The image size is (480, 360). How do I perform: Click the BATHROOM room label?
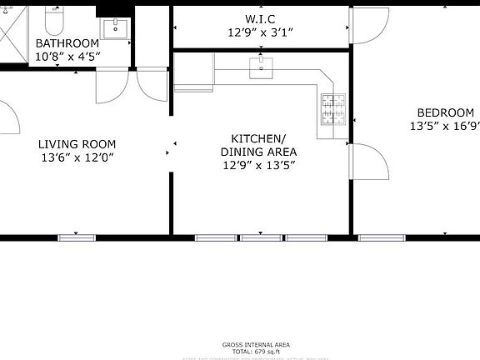point(67,43)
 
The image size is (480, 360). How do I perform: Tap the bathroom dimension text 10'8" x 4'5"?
point(67,57)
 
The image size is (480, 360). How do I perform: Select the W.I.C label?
point(261,18)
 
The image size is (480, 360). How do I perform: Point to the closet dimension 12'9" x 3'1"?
point(261,32)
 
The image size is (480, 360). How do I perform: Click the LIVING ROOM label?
point(77,144)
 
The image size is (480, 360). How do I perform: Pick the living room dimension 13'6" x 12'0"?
point(77,157)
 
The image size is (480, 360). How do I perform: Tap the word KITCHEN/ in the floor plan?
point(258,138)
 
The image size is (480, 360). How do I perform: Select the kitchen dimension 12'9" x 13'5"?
point(258,165)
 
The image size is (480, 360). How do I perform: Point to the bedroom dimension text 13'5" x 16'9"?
point(444,127)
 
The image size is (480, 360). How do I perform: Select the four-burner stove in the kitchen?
point(333,110)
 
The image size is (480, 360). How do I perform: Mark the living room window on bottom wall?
point(77,237)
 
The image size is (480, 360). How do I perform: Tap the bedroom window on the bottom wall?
point(382,237)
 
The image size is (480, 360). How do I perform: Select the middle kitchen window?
point(260,237)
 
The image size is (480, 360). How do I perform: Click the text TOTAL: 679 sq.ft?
point(256,352)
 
